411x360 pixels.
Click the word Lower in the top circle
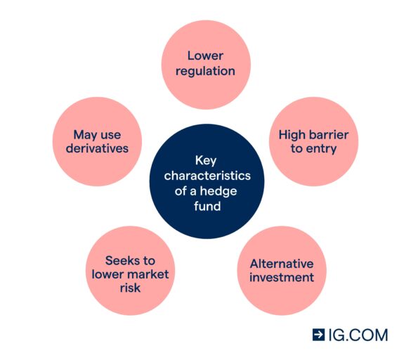205,56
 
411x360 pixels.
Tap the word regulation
205,72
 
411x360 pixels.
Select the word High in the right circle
290,135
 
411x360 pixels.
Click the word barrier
327,135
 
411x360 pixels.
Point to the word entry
321,149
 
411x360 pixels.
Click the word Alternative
282,264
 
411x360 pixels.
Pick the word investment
282,277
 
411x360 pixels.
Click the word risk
130,288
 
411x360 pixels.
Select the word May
84,136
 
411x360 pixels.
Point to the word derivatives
97,148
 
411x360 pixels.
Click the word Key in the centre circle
206,160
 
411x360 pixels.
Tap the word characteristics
207,176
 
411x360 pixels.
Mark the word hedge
218,191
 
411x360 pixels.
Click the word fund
207,206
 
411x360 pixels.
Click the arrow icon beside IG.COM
318,335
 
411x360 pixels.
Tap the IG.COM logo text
358,335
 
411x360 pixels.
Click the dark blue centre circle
207,181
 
